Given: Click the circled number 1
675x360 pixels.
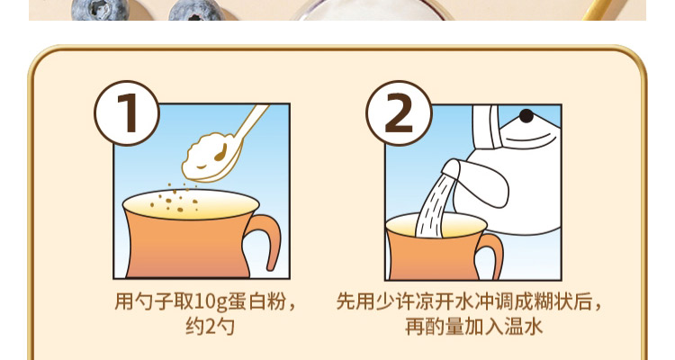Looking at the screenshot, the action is [x=127, y=113].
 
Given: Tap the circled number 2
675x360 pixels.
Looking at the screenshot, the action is [x=399, y=113].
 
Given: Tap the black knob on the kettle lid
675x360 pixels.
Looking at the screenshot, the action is [x=526, y=116].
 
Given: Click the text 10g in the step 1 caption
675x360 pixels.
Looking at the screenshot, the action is [x=211, y=301].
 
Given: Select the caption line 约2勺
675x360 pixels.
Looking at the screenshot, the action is [x=210, y=327].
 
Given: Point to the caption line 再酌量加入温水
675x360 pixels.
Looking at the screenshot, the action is [x=473, y=327].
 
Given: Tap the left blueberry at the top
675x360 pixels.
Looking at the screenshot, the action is [x=101, y=10].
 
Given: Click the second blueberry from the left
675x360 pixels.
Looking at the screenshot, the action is [x=196, y=10].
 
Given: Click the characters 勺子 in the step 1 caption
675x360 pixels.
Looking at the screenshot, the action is [x=154, y=301].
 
